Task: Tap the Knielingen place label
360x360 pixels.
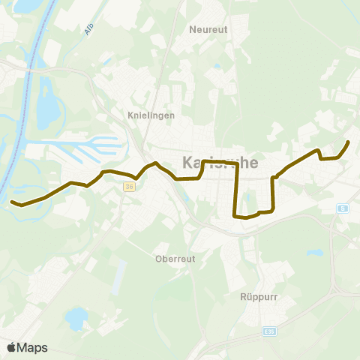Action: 151,115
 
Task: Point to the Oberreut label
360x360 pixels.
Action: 175,259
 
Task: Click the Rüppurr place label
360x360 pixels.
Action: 259,296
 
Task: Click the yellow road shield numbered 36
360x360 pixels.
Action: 130,187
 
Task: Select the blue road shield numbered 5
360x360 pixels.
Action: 343,208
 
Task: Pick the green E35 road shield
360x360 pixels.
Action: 271,331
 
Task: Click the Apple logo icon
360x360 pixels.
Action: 11,347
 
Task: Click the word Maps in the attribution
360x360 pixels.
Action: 33,347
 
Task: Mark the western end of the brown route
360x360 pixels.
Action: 12,202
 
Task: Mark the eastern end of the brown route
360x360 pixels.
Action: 348,142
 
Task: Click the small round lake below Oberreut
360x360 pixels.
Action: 76,318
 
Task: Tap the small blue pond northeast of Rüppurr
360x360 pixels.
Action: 314,253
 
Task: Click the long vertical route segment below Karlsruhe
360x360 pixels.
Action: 237,191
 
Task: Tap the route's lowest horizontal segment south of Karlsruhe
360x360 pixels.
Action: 247,217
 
